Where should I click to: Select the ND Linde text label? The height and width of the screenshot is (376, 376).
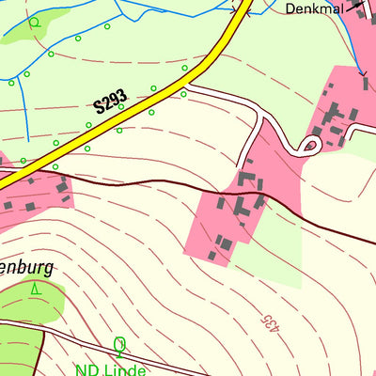(x=111, y=369)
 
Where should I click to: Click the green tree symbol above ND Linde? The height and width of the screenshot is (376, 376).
(x=119, y=346)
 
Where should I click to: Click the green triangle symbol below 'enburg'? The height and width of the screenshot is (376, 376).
(x=36, y=290)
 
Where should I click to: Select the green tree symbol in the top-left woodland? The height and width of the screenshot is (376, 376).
(x=34, y=22)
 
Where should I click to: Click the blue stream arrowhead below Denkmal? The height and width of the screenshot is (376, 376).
(x=362, y=71)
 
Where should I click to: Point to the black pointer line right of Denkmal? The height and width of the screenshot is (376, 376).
(x=354, y=7)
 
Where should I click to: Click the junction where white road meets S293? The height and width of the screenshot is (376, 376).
(x=186, y=87)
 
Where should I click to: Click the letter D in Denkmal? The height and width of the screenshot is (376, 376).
(x=289, y=8)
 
